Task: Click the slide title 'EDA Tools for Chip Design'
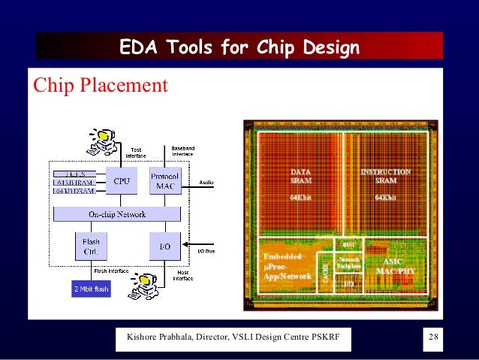239,48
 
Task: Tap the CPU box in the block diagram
121,181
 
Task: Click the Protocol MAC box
164,181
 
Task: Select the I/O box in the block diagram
164,245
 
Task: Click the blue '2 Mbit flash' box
90,288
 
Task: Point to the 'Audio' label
206,182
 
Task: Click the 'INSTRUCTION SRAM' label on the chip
385,177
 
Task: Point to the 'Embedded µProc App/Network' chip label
285,267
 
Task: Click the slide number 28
433,335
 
